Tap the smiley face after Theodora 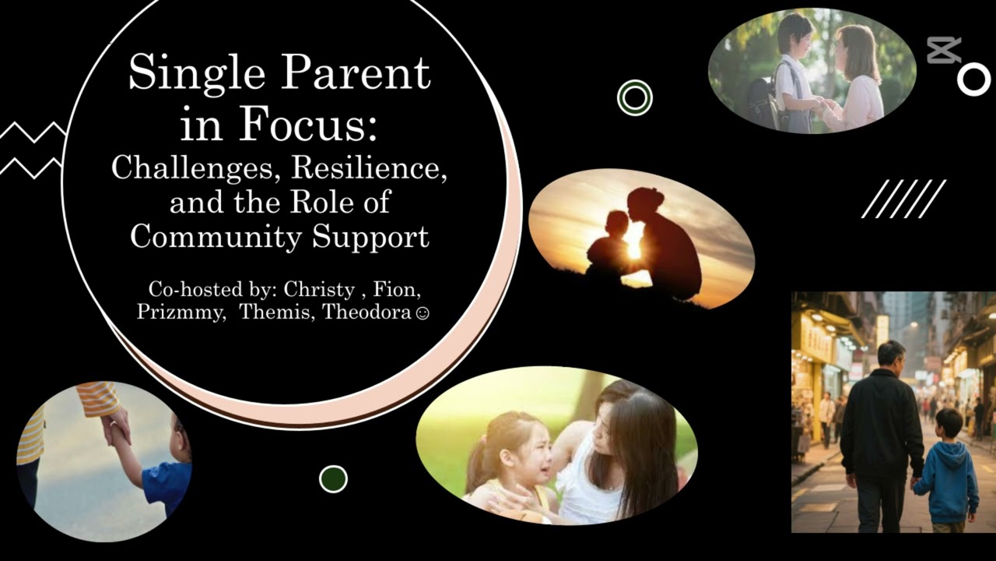(x=423, y=314)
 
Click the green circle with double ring (x=634, y=97)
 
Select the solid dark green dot (x=333, y=478)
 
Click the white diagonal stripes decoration (x=903, y=199)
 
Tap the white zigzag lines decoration (x=31, y=148)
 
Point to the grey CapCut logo (x=944, y=51)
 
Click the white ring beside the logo (x=973, y=79)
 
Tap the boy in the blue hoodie (x=946, y=471)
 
